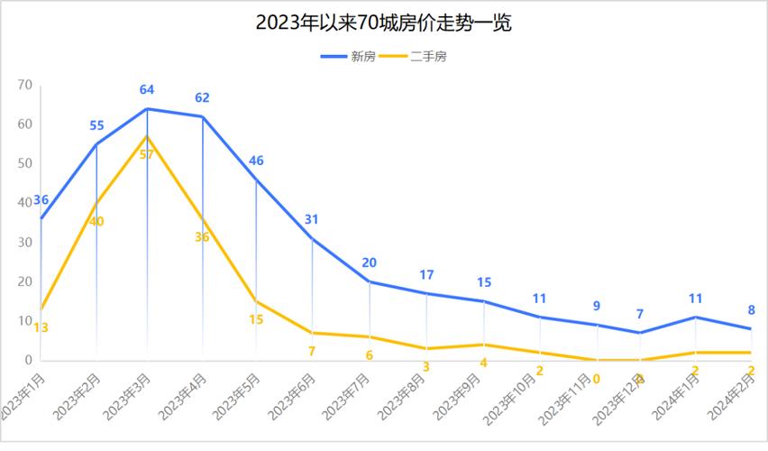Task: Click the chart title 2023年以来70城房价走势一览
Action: coord(383,23)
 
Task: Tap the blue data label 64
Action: coord(147,90)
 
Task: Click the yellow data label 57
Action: coord(147,154)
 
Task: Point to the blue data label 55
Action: coord(96,125)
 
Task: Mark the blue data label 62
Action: coord(202,97)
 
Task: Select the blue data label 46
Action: coord(256,161)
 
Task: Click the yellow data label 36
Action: coord(202,237)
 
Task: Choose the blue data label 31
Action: coord(312,219)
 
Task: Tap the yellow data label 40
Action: coord(96,222)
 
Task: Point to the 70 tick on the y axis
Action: coord(24,86)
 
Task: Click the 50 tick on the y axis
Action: coord(24,164)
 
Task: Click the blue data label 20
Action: coord(369,263)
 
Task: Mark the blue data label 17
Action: coord(426,275)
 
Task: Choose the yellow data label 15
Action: coord(256,319)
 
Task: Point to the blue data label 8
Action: coord(751,310)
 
